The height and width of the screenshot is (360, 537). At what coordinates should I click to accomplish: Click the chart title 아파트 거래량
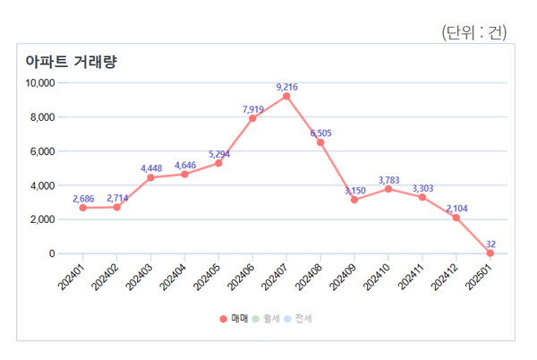coord(72,62)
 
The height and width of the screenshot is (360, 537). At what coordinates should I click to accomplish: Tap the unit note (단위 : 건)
coord(474,32)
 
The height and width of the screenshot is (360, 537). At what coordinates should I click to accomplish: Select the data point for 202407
coord(286,96)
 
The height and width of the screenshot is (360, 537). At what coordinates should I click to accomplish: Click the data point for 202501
coord(490,253)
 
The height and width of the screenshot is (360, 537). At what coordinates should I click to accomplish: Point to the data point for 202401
coord(82,208)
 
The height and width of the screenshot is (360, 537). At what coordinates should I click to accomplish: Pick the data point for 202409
coord(354,200)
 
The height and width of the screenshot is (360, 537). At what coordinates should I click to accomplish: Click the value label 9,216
coord(286,87)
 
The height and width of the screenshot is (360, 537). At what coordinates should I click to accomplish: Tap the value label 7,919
coord(252,109)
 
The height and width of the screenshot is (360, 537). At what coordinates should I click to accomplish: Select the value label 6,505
coord(320,133)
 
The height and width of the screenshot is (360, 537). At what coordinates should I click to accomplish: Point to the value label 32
coord(490,244)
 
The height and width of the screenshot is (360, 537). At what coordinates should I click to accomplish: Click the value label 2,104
coord(456,209)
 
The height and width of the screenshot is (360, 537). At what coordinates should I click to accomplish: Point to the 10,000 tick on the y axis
coord(40,83)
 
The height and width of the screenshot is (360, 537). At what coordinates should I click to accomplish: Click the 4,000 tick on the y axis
coord(43,185)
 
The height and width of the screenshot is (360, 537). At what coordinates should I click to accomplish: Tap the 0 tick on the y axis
coord(52,253)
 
